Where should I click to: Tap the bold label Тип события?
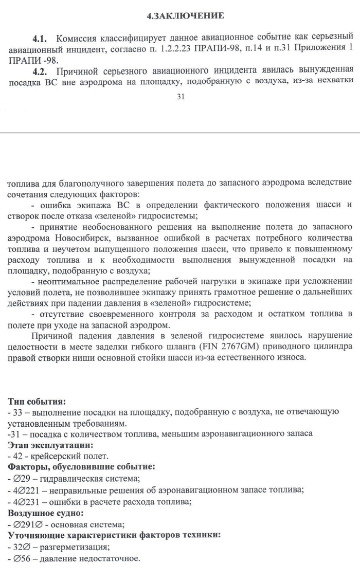[x=37, y=401]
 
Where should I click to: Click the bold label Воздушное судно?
[x=46, y=513]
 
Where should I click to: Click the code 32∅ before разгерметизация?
[x=20, y=547]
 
